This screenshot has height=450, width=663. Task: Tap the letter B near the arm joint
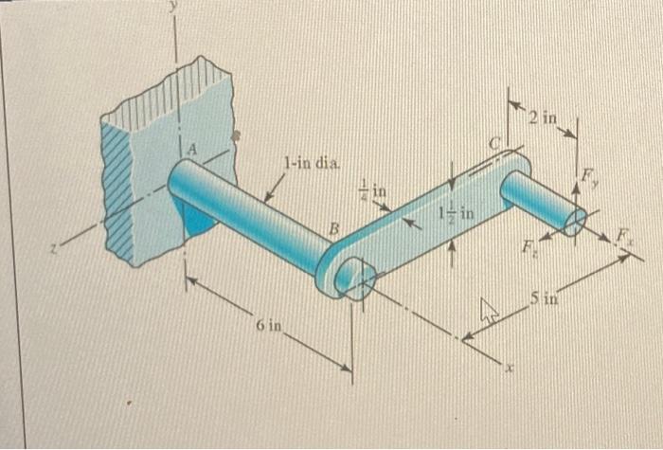tap(332, 229)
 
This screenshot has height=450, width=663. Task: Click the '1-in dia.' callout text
tap(309, 162)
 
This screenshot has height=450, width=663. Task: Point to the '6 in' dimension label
tap(269, 327)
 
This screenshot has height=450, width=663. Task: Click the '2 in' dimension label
tap(545, 118)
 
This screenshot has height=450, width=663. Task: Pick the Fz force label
tap(530, 250)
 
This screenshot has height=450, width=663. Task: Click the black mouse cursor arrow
tap(489, 309)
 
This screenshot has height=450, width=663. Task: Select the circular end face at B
tap(355, 279)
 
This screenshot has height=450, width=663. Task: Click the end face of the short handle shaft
tap(575, 222)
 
